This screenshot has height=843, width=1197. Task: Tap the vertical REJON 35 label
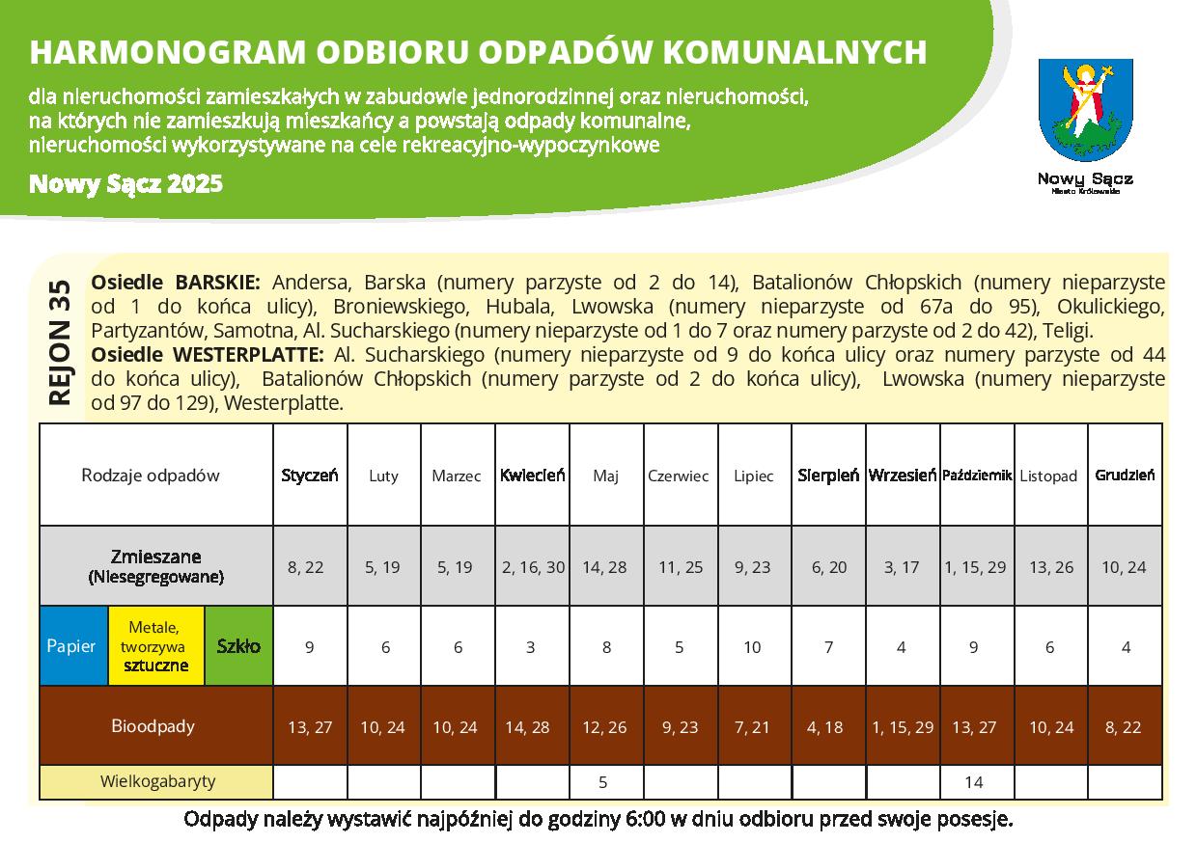59,342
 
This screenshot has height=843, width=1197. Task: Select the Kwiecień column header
532,476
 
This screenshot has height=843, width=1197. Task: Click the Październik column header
976,476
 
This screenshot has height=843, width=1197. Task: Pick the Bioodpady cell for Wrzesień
903,727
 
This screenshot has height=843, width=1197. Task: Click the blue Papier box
71,646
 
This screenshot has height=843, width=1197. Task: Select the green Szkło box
238,646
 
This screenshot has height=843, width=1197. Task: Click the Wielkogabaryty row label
157,781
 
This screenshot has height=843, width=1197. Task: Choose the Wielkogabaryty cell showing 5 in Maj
605,782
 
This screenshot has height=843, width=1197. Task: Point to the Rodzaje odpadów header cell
151,475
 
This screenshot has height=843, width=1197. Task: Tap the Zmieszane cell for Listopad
1050,567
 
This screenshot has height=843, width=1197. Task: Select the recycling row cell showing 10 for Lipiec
752,647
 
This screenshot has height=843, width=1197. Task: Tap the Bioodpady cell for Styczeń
310,727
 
